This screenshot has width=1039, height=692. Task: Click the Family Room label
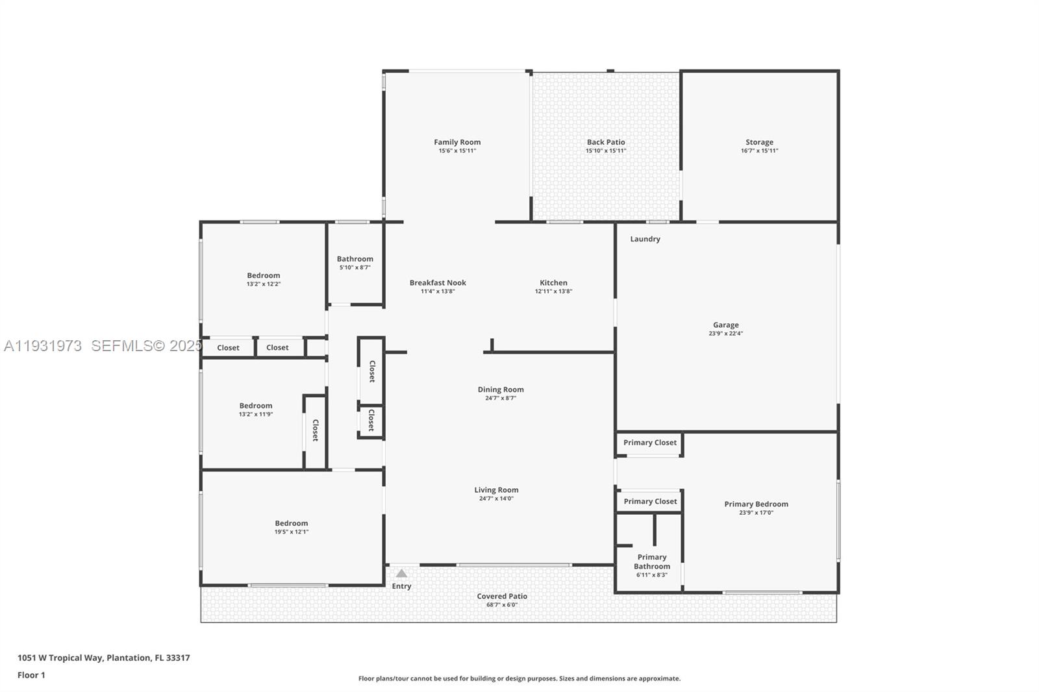click(457, 142)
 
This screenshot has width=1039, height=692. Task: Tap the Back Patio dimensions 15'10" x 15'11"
click(605, 151)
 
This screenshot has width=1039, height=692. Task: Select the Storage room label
click(759, 142)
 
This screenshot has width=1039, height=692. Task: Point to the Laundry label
click(645, 239)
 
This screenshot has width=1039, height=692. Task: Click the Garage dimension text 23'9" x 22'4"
click(725, 334)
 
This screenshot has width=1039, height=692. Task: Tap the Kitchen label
click(553, 282)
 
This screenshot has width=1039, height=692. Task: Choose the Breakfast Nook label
click(438, 282)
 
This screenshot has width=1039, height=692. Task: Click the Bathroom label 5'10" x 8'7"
click(355, 259)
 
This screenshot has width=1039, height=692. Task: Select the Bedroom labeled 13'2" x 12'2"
click(263, 275)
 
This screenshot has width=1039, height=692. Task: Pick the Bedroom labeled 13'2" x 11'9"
click(255, 406)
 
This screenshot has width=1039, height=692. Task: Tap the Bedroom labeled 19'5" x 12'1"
click(291, 523)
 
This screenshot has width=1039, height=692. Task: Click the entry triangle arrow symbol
click(401, 573)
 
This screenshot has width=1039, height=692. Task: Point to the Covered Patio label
click(502, 596)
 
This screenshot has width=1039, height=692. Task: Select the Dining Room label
click(501, 389)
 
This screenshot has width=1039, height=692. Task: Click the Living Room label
click(496, 490)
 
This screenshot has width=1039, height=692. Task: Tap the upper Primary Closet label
click(649, 443)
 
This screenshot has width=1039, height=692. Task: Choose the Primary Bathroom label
click(651, 562)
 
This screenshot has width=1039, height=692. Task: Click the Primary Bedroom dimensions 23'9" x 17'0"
click(756, 513)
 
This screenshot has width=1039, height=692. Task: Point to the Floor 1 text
click(31, 675)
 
